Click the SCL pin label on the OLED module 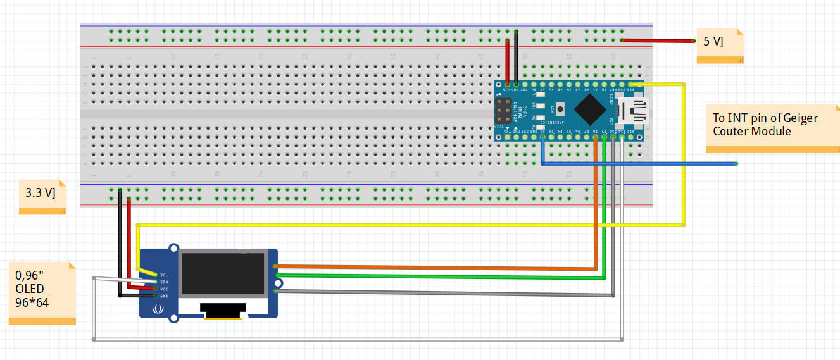pos(164,275)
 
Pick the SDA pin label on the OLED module pos(164,282)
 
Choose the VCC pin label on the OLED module pos(164,289)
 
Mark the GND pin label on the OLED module pos(164,296)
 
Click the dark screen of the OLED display pos(222,273)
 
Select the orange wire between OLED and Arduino pos(443,267)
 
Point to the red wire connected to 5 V pos(658,40)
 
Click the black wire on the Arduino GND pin pos(517,57)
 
